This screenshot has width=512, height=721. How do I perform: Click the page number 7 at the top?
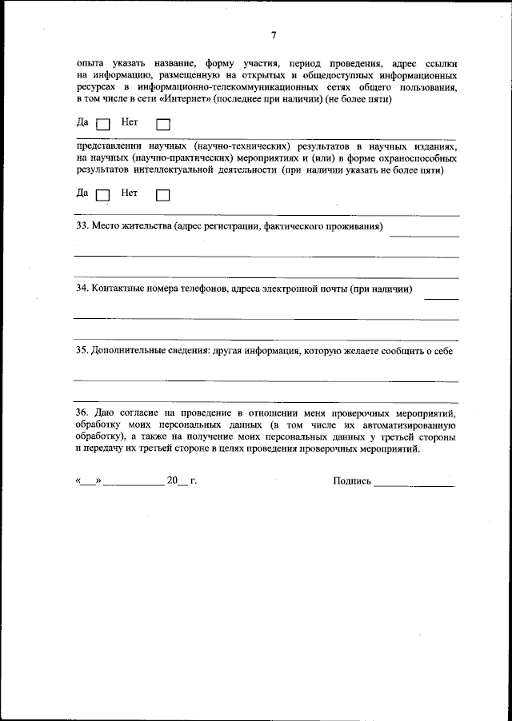click(x=273, y=35)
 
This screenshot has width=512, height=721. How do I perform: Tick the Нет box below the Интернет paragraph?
click(x=163, y=124)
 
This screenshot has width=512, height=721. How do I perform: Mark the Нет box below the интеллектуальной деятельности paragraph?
click(x=163, y=194)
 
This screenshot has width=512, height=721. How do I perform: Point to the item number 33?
click(x=82, y=228)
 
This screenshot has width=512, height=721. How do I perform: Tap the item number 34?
click(x=82, y=289)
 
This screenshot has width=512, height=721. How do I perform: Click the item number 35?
click(x=82, y=350)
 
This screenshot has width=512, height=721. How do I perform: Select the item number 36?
click(x=82, y=412)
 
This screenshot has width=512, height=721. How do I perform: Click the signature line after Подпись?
click(x=414, y=484)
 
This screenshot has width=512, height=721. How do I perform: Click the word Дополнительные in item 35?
click(x=129, y=350)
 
